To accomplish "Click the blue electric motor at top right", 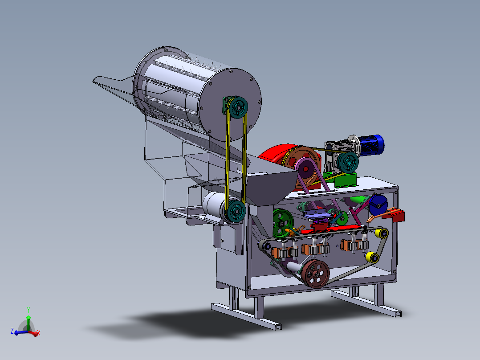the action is tap(371, 145).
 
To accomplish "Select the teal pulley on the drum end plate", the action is tap(238, 107).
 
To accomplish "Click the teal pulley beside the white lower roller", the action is tap(236, 211).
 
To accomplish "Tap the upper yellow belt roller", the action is tap(382, 234).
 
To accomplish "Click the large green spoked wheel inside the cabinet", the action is tap(283, 223).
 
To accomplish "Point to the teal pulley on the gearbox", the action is tap(348, 163).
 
